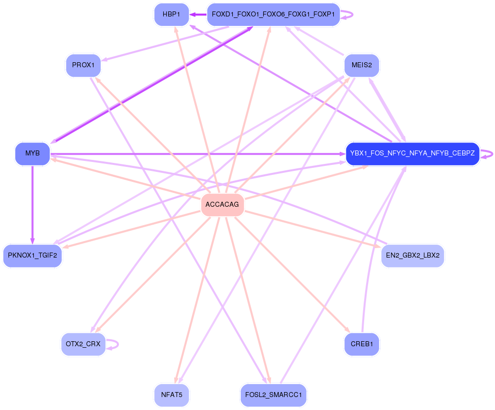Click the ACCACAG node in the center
pos(222,205)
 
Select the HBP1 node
pos(171,14)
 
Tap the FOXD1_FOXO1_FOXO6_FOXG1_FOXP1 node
pos(273,14)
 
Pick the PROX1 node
pos(83,65)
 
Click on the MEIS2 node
pos(362,65)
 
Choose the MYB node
pos(32,153)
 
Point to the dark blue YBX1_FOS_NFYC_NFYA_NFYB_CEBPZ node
pos(412,153)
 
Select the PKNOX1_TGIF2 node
pos(32,256)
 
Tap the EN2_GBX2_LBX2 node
pos(412,256)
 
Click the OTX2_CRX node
pos(83,344)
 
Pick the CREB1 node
pos(362,344)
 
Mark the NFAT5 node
pos(172,395)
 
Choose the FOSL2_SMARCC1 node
pos(273,395)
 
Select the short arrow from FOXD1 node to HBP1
pos(198,14)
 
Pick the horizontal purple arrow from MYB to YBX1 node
pos(199,154)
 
